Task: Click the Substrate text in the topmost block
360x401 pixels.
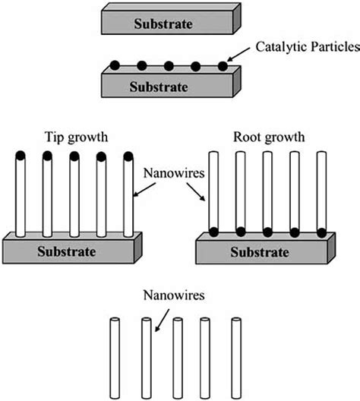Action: click(x=163, y=24)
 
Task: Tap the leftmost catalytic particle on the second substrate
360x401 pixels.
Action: click(x=114, y=66)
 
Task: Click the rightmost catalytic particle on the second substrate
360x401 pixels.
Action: click(x=223, y=66)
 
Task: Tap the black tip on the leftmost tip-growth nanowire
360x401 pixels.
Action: click(x=21, y=156)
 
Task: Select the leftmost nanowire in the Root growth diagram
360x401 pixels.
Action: click(x=214, y=190)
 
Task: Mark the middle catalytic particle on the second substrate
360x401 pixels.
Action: click(x=169, y=66)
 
